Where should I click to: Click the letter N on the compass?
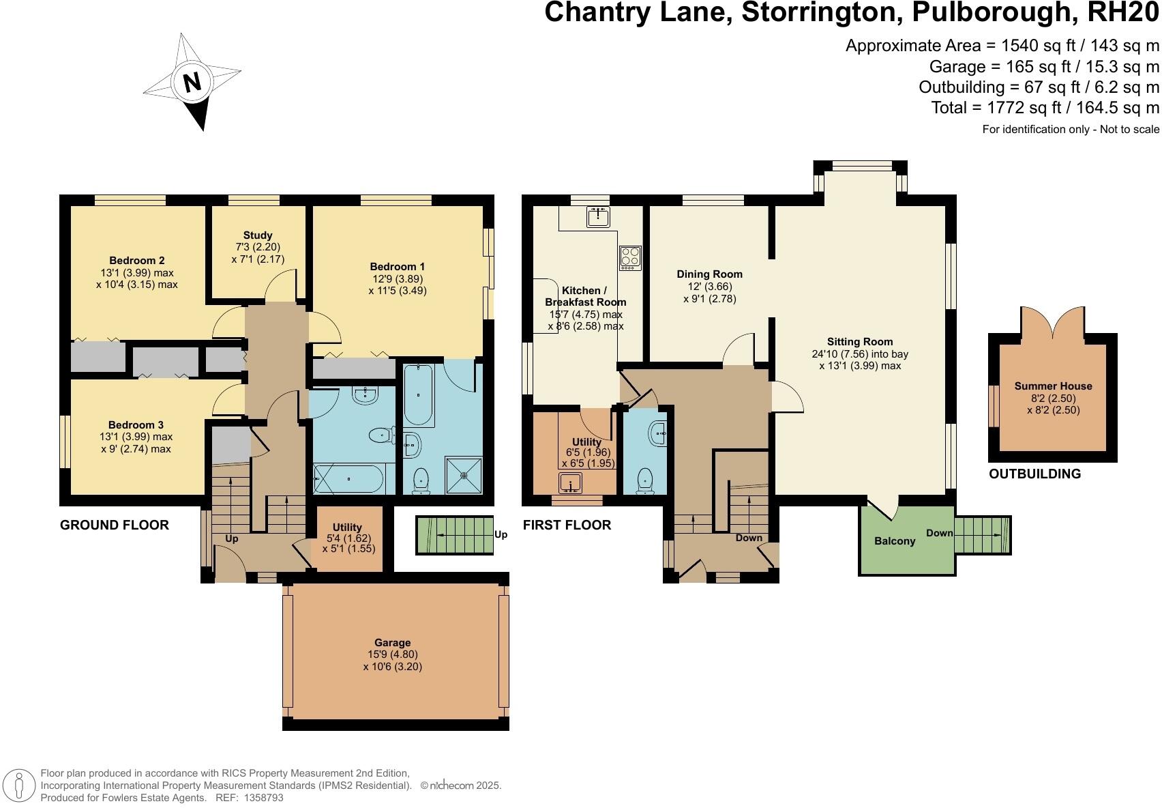click(192, 82)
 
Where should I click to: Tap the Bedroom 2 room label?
click(137, 261)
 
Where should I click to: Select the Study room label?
click(258, 235)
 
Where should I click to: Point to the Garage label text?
click(393, 643)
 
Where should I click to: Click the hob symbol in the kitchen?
click(630, 258)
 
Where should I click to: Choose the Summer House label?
click(1053, 386)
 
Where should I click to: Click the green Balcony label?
click(895, 541)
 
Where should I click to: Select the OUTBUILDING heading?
click(1034, 474)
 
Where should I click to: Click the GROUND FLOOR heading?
click(115, 525)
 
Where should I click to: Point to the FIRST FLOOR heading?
click(567, 525)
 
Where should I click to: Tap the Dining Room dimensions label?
click(709, 293)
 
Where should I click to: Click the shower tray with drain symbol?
click(464, 475)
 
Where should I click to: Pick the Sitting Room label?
click(860, 342)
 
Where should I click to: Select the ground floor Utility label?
click(347, 527)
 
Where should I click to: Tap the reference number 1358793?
click(259, 797)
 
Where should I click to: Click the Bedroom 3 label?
click(136, 425)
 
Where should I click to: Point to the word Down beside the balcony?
click(939, 533)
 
